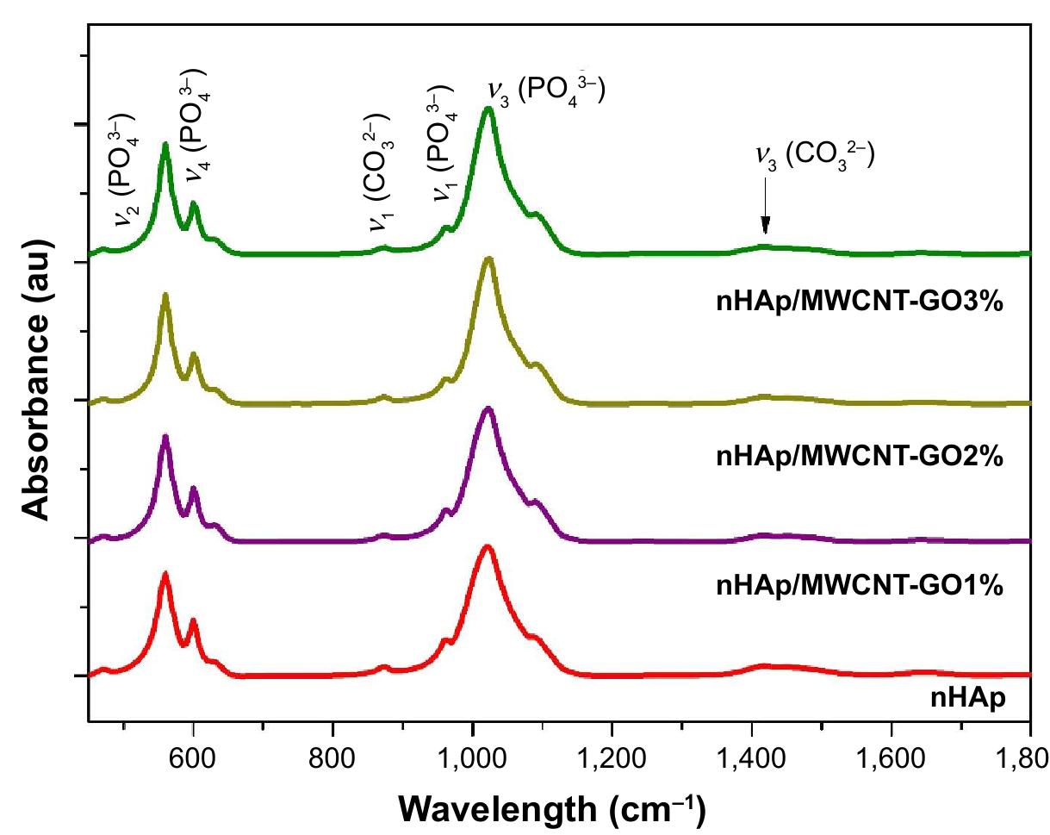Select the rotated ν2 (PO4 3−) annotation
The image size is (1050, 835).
point(124,168)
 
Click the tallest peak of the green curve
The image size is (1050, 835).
point(488,109)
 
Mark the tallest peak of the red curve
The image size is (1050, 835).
point(488,546)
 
